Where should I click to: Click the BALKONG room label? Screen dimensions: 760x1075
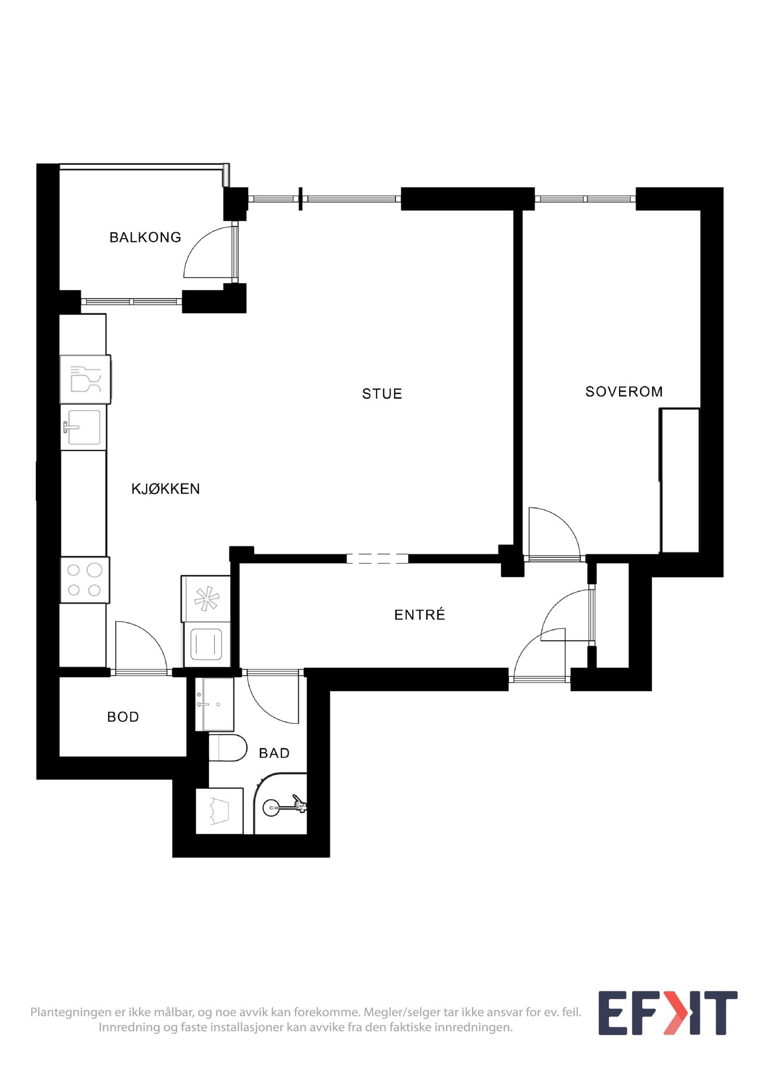[145, 237]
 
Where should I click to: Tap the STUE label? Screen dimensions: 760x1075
[382, 394]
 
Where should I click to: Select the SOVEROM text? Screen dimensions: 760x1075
[624, 391]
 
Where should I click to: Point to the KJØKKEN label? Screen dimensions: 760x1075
[165, 489]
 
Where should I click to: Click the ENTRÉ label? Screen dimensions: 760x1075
[419, 614]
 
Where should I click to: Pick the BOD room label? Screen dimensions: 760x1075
[123, 717]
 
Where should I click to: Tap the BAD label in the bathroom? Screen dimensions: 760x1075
[274, 753]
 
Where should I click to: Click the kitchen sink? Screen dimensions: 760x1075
[83, 427]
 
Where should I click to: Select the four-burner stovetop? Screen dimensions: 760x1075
[85, 580]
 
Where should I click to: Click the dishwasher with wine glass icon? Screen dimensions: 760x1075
[85, 379]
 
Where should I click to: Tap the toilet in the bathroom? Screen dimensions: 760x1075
[228, 748]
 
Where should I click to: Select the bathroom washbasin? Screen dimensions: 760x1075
[215, 704]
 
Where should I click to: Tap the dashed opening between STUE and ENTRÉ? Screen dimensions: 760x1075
[377, 558]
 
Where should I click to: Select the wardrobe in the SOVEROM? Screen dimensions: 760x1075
[679, 480]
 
